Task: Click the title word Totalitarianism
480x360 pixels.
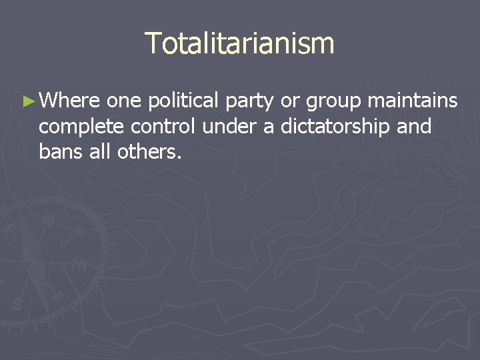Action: click(x=239, y=43)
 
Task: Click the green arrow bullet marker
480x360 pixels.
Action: click(x=27, y=101)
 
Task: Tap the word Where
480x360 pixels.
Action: click(x=70, y=101)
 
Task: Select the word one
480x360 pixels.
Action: click(x=124, y=101)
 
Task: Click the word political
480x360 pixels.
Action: click(x=183, y=101)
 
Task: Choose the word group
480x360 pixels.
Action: click(x=331, y=102)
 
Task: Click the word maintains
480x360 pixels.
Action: click(x=413, y=101)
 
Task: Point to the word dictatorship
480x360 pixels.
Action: click(x=334, y=126)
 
